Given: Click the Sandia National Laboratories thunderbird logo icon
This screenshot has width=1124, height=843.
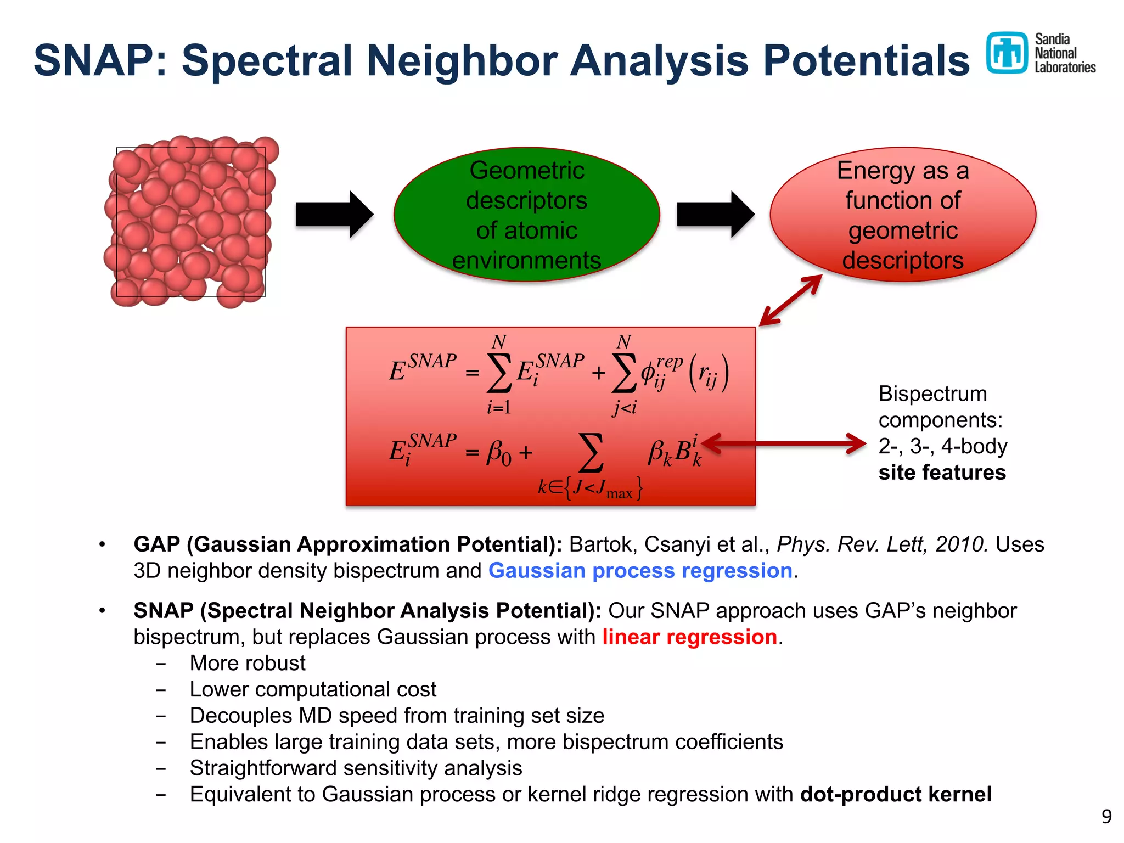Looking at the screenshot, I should pos(1007,53).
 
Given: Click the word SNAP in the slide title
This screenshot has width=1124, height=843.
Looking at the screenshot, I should pos(93,60).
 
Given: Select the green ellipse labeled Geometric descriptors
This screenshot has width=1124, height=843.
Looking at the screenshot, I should pos(526,215).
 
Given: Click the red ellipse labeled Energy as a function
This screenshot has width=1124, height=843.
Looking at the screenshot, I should pos(903,215).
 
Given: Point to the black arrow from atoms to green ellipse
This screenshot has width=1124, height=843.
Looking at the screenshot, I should pos(334,215).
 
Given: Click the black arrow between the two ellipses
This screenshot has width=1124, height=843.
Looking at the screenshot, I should pos(715,215).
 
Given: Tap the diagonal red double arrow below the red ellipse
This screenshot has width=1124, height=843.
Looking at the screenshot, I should pos(790,300).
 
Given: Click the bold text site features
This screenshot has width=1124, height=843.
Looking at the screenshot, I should pos(942,473).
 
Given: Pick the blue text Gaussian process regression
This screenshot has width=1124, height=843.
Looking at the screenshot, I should pos(640,571).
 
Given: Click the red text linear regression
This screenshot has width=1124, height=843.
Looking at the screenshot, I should pos(689,637).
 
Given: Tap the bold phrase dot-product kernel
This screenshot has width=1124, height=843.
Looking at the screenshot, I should pos(896,794).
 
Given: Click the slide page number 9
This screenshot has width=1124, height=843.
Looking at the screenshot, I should pos(1106,817).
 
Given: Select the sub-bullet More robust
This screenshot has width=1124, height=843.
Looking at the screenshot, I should pos(248,663).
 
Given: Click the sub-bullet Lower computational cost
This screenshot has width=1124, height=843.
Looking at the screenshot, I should pos(313,689).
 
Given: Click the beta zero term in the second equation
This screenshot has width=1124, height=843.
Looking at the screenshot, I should pos(498,453).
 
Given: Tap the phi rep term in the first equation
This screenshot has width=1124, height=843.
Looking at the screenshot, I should pos(661,372).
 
